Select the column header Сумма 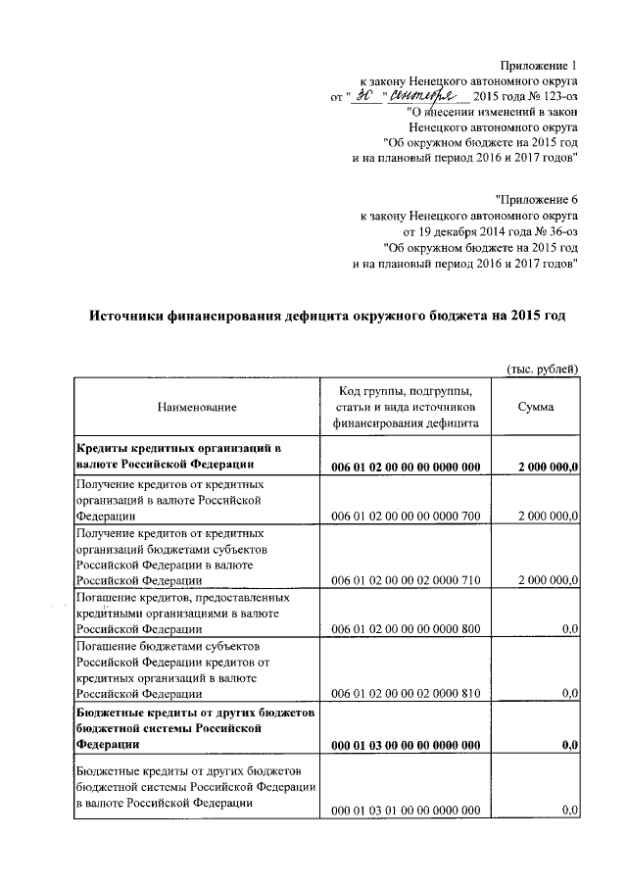(x=536, y=406)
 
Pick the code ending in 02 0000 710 (x=406, y=580)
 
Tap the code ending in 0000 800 (x=406, y=629)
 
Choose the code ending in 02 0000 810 (x=406, y=694)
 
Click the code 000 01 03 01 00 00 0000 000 (x=406, y=810)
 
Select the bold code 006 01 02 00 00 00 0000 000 (x=406, y=467)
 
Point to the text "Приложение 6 (x=537, y=199)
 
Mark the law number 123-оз (x=555, y=96)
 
